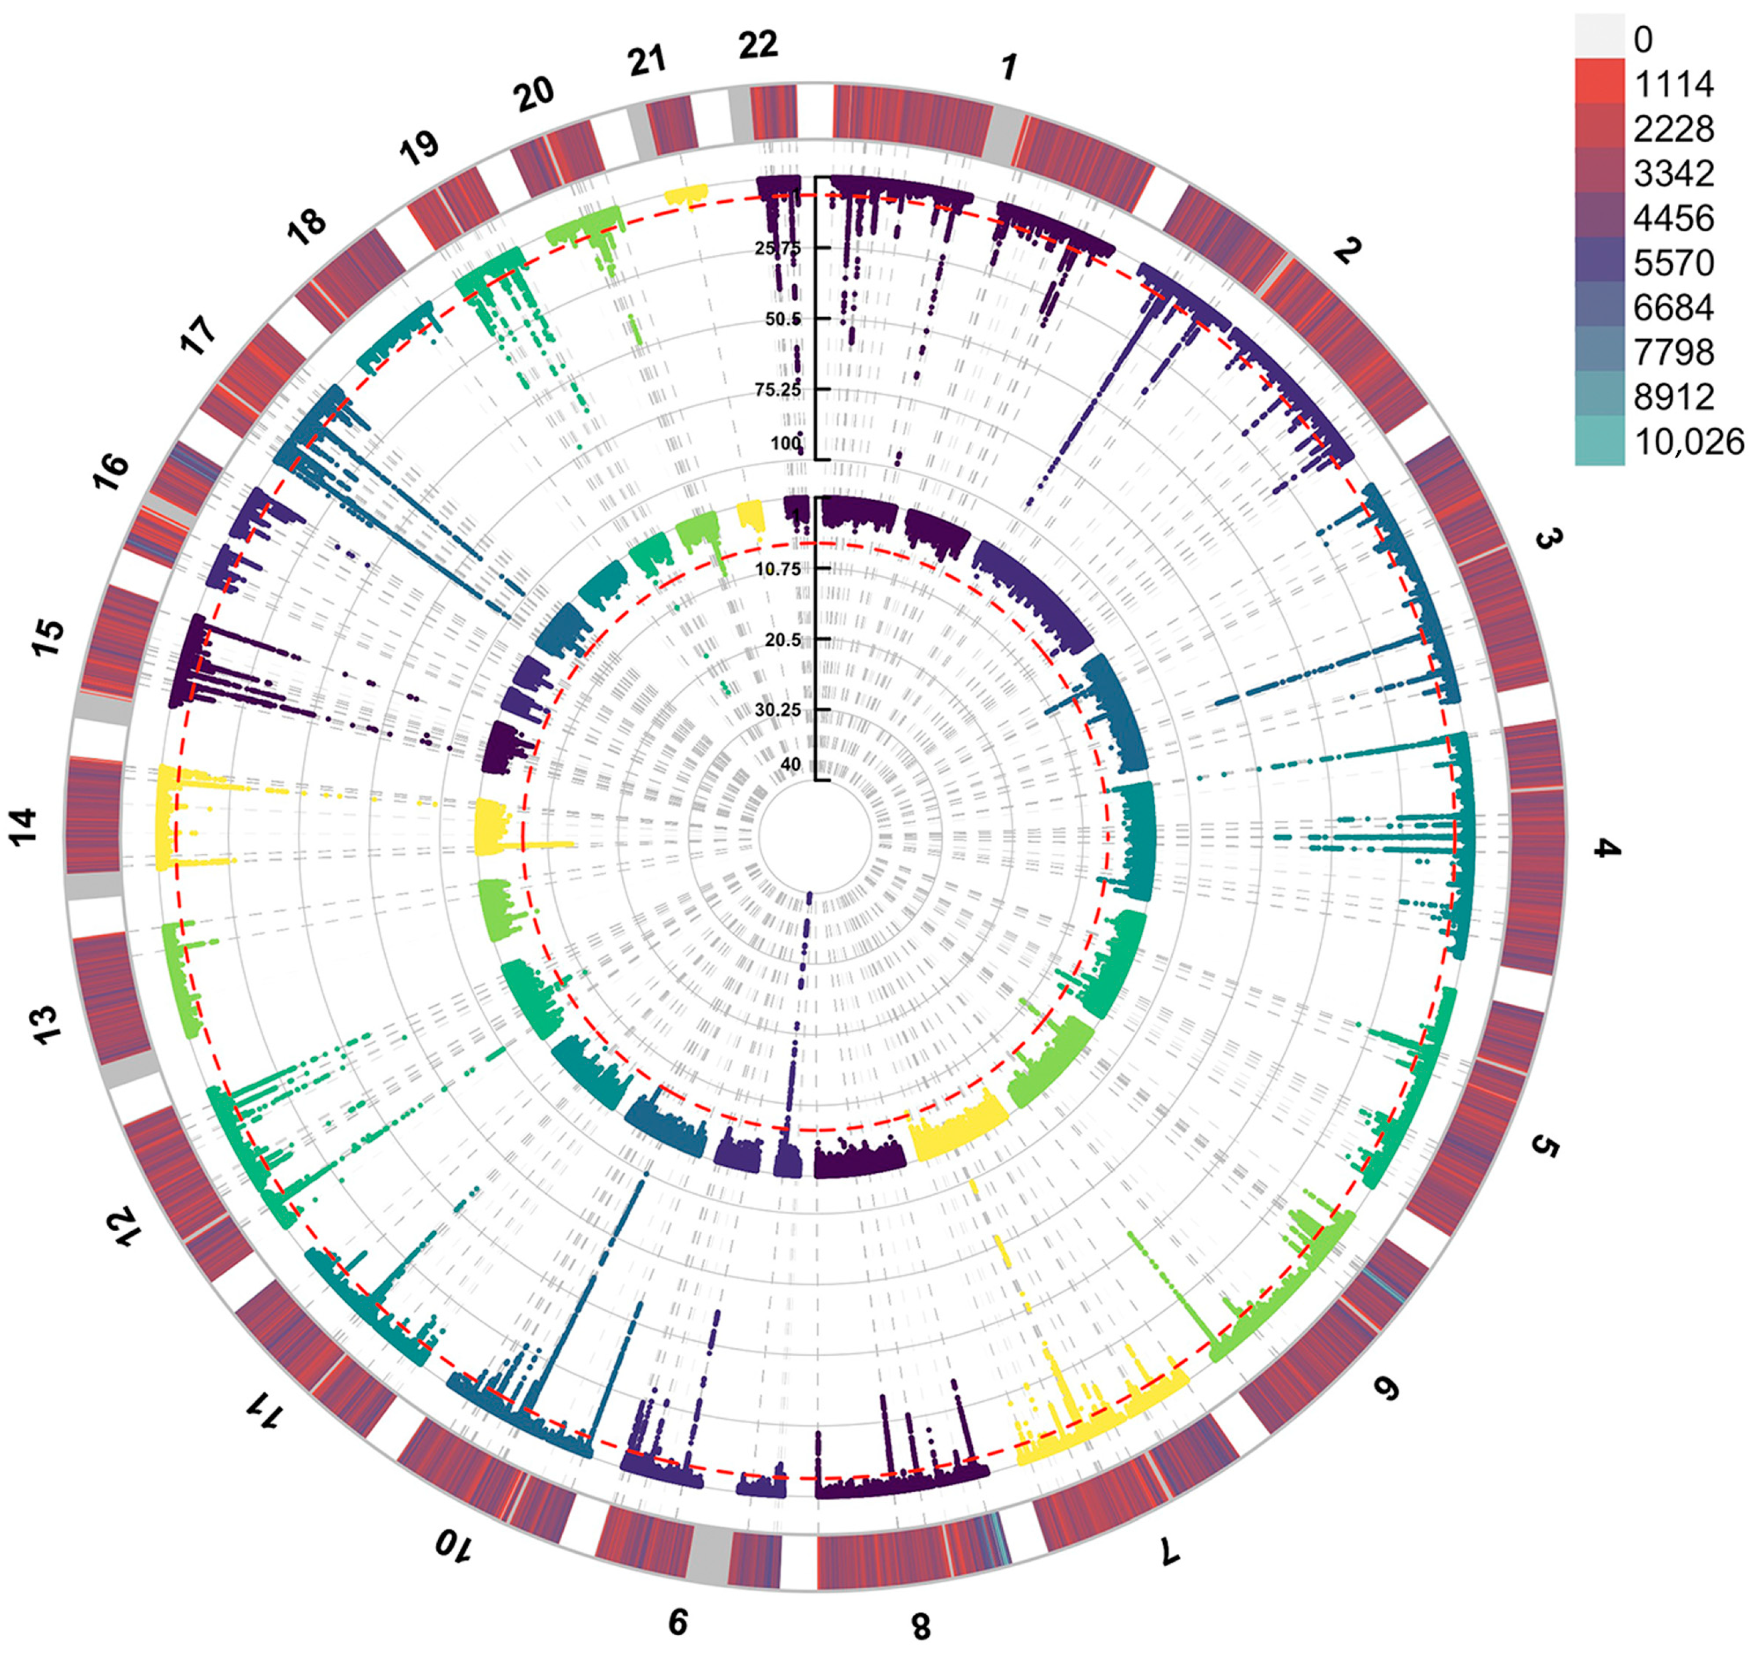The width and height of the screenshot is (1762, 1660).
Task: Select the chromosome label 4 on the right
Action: pos(1607,849)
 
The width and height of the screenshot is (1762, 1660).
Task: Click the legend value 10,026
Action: pos(1689,441)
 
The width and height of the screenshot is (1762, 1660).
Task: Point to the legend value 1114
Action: pos(1673,84)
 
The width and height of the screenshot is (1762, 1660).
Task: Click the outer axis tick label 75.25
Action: pos(777,390)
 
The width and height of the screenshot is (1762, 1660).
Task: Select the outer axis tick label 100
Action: pos(785,442)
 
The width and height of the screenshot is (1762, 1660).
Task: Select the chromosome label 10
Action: pos(455,1546)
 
